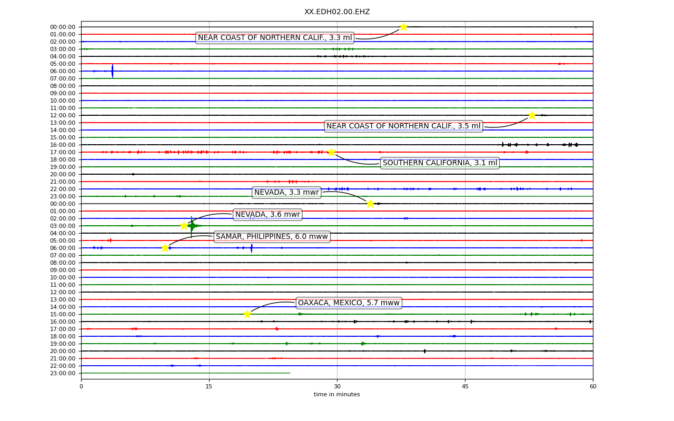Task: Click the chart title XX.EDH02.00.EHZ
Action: [x=337, y=12]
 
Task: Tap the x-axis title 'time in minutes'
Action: [x=336, y=394]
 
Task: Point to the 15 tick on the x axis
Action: [x=209, y=386]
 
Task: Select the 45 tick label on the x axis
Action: [x=465, y=386]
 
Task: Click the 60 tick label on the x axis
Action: [x=593, y=386]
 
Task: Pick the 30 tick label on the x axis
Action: [x=338, y=386]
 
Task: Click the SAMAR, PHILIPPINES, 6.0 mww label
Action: [x=272, y=237]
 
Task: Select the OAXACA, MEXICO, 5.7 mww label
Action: [x=349, y=303]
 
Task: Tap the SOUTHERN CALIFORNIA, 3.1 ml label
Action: [x=440, y=163]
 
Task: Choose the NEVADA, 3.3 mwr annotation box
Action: [x=286, y=193]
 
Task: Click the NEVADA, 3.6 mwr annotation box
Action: [x=267, y=214]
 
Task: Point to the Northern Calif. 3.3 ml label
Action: [x=275, y=38]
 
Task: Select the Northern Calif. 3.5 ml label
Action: [x=403, y=126]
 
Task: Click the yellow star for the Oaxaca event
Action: [x=247, y=314]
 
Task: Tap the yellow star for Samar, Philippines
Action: [x=165, y=248]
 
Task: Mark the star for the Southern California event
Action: [x=331, y=152]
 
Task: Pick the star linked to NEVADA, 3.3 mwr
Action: [x=370, y=204]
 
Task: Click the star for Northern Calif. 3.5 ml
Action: [x=532, y=115]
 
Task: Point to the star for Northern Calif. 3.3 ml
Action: [x=403, y=27]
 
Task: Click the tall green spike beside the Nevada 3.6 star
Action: [x=191, y=227]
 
